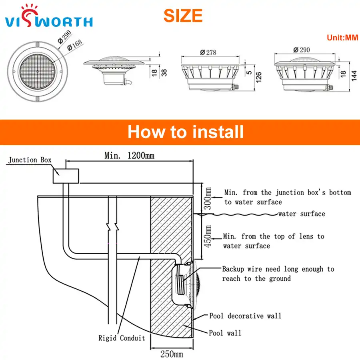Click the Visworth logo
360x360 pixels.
click(x=49, y=16)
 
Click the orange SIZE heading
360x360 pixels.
click(x=183, y=16)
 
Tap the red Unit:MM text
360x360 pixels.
click(x=342, y=38)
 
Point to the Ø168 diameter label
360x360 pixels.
click(x=75, y=45)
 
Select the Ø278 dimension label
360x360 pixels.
click(x=208, y=52)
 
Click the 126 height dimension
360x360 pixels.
click(x=258, y=77)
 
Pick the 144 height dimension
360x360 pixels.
click(x=354, y=76)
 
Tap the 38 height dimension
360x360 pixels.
click(x=164, y=73)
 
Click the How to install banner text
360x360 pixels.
click(x=186, y=132)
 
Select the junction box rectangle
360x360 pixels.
click(x=66, y=176)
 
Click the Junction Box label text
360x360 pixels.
click(x=30, y=160)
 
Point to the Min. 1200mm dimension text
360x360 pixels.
click(x=130, y=156)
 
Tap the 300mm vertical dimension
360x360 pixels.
click(x=208, y=198)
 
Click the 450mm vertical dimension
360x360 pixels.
click(x=208, y=236)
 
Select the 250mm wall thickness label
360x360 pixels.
click(x=172, y=354)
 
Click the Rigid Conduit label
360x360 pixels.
click(x=122, y=338)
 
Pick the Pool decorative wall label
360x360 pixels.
click(x=245, y=316)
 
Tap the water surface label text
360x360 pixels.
click(x=302, y=214)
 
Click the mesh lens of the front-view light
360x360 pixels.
click(x=38, y=72)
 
